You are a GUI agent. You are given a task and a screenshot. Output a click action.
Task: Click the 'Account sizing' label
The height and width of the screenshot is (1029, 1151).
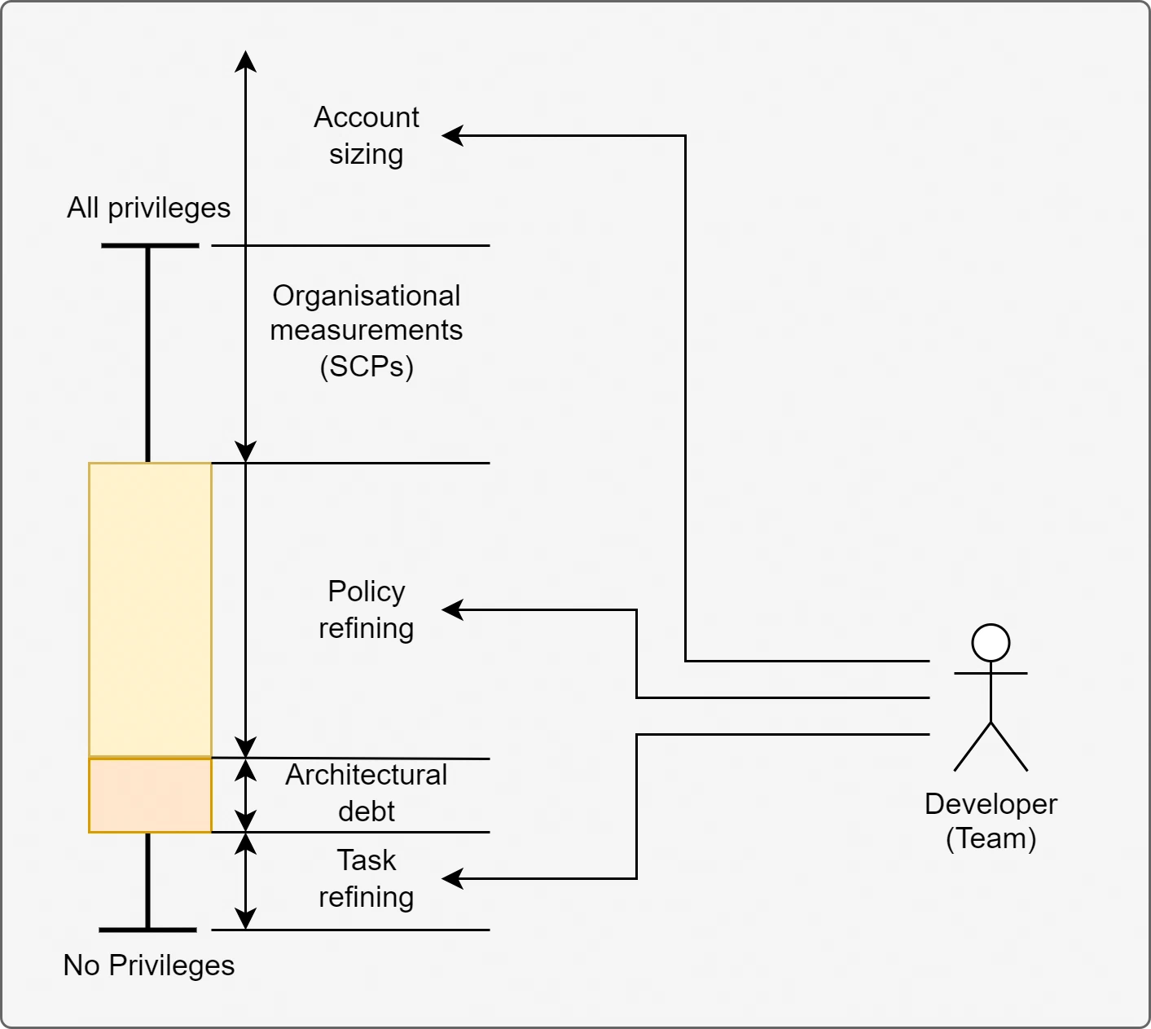(x=367, y=136)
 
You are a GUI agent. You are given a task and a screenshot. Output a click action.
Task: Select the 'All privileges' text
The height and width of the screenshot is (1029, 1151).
(x=149, y=208)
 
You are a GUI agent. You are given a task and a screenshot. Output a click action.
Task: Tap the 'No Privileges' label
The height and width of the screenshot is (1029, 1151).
(x=149, y=965)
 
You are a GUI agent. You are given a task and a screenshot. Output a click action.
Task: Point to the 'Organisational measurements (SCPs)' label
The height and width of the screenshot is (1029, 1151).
(x=367, y=331)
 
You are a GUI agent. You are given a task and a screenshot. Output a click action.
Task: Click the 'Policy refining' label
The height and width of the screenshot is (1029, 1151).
(x=367, y=609)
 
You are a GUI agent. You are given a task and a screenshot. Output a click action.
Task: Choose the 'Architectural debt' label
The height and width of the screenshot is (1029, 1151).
(x=367, y=793)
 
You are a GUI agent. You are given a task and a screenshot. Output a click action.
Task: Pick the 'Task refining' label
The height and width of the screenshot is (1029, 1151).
(x=367, y=878)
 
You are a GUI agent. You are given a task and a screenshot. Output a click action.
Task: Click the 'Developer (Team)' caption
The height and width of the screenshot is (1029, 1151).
(x=991, y=821)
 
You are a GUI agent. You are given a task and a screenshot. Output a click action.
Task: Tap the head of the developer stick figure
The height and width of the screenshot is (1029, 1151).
(x=991, y=643)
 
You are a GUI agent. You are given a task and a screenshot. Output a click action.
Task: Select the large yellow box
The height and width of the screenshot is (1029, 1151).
(x=150, y=610)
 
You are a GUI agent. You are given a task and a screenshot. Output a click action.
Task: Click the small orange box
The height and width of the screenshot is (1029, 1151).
(x=150, y=795)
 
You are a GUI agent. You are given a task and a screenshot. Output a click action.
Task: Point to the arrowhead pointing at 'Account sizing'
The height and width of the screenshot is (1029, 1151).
(x=452, y=136)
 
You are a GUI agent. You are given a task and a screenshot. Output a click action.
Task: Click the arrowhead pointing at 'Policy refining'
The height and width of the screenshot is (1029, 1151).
(x=452, y=609)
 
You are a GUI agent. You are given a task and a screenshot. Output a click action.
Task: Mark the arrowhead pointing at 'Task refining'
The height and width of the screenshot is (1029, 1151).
(x=452, y=878)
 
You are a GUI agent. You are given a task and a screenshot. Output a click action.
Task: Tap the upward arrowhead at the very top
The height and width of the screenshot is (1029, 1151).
(x=245, y=61)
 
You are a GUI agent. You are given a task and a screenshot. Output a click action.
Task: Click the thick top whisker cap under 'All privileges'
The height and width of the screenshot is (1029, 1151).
(x=150, y=246)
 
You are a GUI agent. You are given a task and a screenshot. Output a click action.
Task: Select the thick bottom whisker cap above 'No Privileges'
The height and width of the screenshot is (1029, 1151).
(x=147, y=930)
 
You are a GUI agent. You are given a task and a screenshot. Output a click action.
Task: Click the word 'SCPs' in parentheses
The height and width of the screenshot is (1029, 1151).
(x=367, y=367)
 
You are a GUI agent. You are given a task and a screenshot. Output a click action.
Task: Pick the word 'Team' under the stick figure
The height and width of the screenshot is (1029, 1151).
(x=991, y=838)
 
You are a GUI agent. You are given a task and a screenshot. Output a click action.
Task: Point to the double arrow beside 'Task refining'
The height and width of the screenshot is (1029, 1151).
(x=245, y=882)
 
